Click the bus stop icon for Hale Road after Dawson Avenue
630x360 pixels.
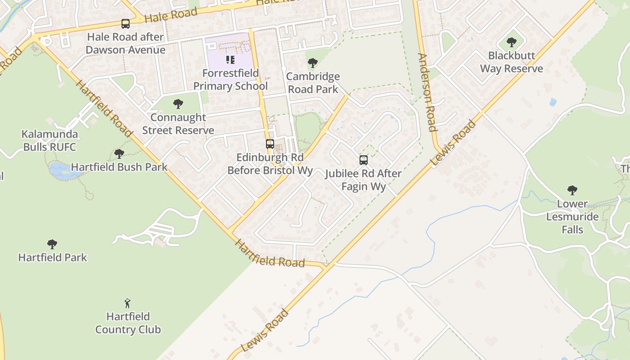[126, 23]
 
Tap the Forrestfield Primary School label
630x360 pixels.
[230, 80]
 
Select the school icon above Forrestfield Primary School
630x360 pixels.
[230, 60]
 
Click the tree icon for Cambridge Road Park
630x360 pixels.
[312, 63]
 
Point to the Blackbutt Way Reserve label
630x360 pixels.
[512, 62]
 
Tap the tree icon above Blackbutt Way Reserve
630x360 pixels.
[511, 43]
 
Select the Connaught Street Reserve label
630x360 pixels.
[178, 124]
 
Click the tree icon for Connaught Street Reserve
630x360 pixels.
[178, 104]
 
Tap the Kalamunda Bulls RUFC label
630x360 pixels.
[50, 140]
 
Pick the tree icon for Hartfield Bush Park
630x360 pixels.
[119, 154]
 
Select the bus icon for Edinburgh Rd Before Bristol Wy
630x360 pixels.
[270, 144]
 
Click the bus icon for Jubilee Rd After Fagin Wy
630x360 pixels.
[363, 160]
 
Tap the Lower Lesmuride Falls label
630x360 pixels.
[572, 216]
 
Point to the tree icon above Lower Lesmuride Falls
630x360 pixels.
[572, 190]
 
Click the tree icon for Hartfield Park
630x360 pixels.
[52, 244]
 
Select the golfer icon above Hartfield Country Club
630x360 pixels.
[128, 303]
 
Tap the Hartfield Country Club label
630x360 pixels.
[128, 323]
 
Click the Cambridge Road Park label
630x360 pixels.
[313, 83]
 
